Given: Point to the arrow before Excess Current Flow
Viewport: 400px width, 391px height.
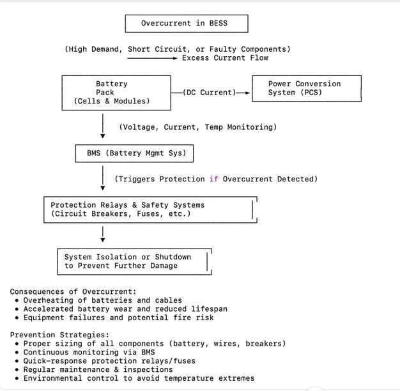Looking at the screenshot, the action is (x=152, y=58).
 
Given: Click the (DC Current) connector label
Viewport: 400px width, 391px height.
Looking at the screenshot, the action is (x=210, y=93).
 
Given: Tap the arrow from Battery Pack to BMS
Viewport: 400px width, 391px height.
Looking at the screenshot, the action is (x=103, y=126).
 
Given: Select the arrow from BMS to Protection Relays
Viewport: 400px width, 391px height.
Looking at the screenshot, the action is (x=103, y=178).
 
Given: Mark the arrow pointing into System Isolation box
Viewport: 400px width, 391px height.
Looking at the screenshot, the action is (x=103, y=234).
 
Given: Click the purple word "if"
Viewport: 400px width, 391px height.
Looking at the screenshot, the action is (x=214, y=179).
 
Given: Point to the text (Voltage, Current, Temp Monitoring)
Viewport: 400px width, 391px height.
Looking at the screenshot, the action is (x=198, y=127).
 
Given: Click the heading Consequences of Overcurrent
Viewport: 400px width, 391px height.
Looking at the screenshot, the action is (x=73, y=291).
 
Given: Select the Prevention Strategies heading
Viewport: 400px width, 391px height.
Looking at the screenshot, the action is (x=59, y=335).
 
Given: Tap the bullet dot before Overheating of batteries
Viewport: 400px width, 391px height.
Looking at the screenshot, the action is (x=17, y=300).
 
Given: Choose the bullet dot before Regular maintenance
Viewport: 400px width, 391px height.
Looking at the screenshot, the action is (x=17, y=369).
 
